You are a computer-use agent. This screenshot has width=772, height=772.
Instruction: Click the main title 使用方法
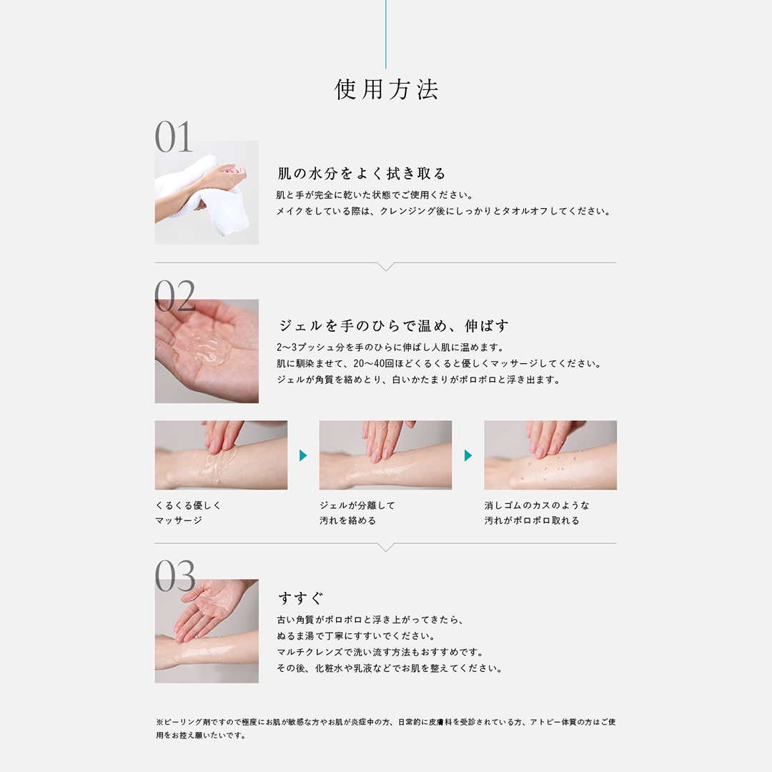point(386,89)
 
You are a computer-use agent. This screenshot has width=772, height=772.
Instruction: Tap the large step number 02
point(175,295)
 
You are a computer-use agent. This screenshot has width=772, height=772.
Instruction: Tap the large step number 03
point(175,575)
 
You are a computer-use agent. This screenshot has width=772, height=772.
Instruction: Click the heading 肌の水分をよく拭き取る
point(362,173)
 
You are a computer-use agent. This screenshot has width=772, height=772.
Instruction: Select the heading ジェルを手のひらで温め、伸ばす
point(393,325)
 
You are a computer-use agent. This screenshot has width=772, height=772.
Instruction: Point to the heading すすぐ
point(301,598)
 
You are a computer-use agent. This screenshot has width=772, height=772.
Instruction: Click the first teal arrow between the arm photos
point(303,455)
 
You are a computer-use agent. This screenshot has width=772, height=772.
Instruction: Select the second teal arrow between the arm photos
point(467,455)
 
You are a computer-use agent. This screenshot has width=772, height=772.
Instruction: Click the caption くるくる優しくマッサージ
point(188,513)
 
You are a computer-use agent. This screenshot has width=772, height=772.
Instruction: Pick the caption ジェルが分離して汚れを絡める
point(357,513)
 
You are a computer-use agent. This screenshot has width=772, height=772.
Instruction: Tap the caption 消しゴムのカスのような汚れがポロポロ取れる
point(537,513)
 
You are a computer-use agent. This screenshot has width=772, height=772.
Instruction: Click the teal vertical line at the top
point(385,34)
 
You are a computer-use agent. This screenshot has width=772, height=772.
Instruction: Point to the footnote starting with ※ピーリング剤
point(385,728)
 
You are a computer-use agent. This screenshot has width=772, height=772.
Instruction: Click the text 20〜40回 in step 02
point(374,364)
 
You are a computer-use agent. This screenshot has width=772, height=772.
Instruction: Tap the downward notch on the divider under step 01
point(385,267)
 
